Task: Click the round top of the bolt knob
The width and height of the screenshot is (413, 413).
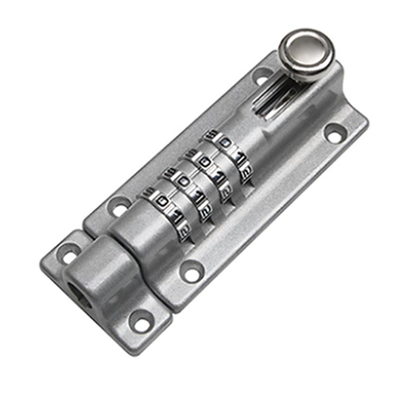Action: point(306,49)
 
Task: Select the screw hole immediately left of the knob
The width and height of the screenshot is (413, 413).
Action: point(262,76)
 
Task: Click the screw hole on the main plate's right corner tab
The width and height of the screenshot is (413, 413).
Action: point(334,132)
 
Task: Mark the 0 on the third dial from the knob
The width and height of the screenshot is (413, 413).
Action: point(184,181)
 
